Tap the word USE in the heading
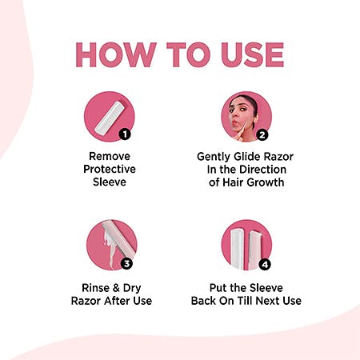point(253,54)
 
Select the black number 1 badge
point(125,134)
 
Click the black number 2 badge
point(262,135)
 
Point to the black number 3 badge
point(126,264)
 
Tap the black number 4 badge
point(265,265)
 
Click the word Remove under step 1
point(110,156)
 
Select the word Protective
point(110,169)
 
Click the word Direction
point(262,170)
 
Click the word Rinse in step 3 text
point(96,288)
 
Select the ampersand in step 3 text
point(116,288)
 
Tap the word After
point(117,301)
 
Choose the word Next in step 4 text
point(267,301)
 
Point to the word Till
point(244,301)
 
